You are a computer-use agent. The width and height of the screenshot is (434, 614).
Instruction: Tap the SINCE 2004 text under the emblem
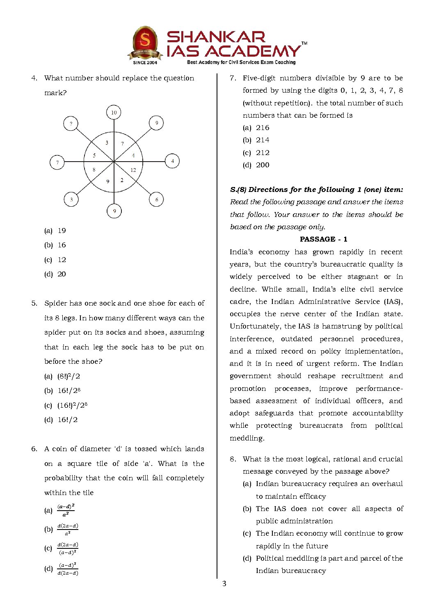pos(145,63)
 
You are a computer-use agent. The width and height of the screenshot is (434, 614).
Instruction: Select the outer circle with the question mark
pos(71,123)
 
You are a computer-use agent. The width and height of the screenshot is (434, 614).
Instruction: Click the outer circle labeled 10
pos(114,112)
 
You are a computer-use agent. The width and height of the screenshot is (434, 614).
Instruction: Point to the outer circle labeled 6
pos(156,200)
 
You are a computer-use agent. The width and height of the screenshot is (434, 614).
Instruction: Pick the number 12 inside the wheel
pos(133,170)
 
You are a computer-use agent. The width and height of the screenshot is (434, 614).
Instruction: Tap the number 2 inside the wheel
pos(122,180)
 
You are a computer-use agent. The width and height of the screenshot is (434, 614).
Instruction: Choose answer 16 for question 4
pos(62,245)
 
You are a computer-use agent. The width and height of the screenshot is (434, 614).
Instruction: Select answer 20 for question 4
pos(62,274)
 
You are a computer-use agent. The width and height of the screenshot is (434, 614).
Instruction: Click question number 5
pos(34,304)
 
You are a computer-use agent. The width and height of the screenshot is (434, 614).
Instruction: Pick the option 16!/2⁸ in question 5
pos(69,391)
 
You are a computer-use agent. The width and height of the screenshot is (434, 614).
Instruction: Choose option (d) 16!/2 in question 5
pos(67,420)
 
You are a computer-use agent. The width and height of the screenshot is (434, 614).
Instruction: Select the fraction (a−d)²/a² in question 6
pos(66,510)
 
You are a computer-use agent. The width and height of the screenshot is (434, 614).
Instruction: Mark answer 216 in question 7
pos(263,128)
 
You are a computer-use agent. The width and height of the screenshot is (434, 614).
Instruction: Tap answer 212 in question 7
pos(263,153)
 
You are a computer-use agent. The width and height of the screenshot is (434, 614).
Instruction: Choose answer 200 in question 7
pos(263,165)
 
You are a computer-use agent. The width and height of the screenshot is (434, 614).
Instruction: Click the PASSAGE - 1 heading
pos(323,240)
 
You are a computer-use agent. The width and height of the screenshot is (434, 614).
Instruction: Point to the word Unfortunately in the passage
pos(255,326)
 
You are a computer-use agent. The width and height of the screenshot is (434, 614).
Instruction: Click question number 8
pos(233,459)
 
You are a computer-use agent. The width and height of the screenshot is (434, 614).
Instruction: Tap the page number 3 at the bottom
pos(224,584)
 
